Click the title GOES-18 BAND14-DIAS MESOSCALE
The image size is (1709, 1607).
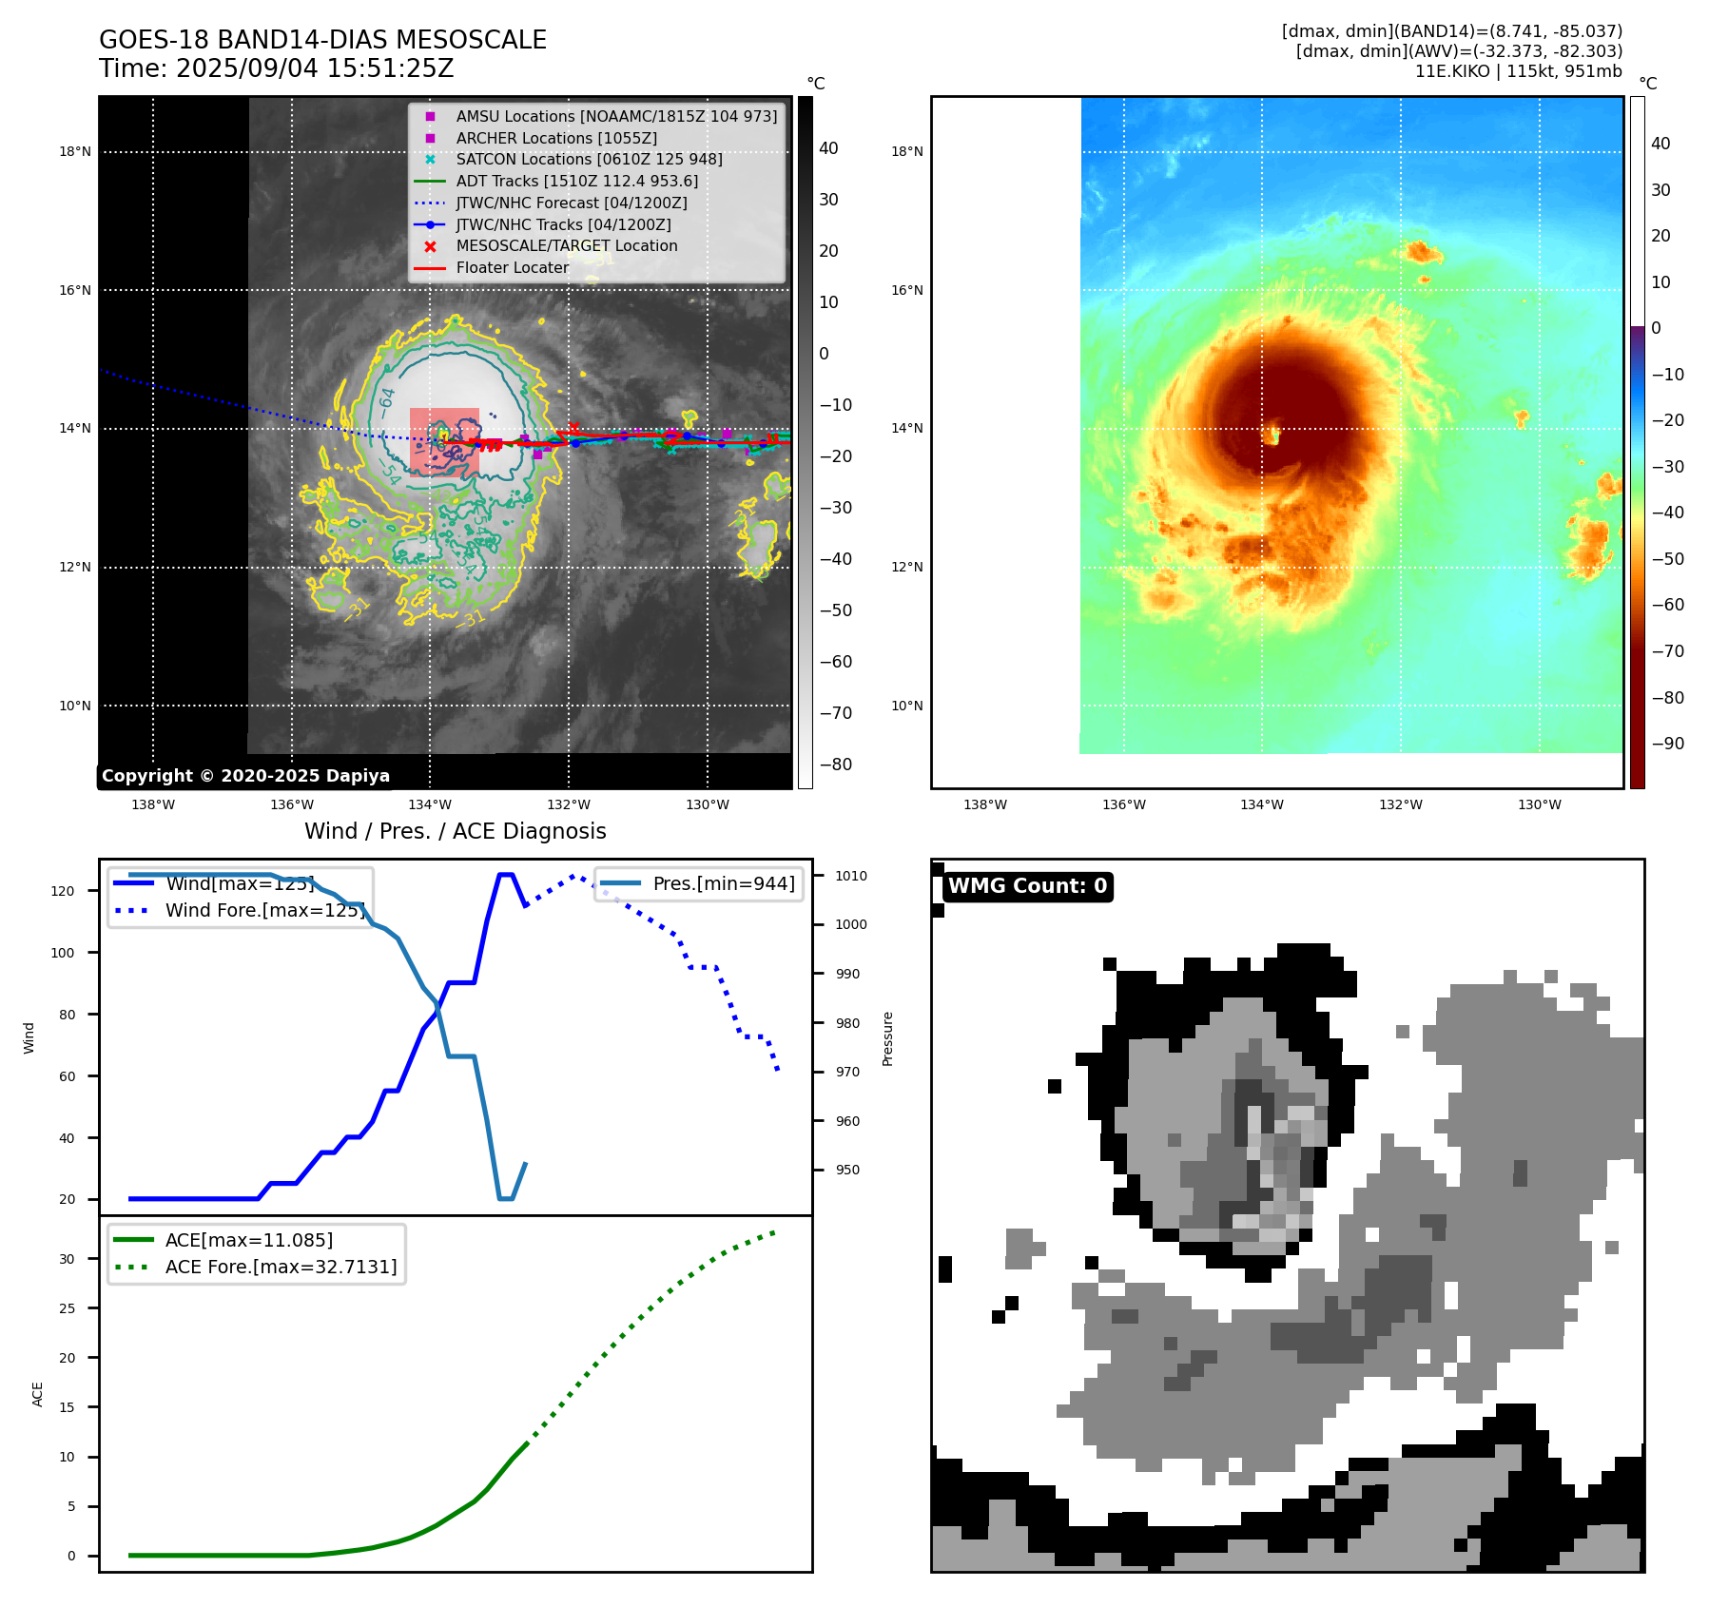[322, 40]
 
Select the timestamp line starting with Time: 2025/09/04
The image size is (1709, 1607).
[276, 68]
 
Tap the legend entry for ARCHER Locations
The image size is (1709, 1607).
[555, 138]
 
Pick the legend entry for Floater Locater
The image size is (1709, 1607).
[512, 267]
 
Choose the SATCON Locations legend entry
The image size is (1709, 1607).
[589, 159]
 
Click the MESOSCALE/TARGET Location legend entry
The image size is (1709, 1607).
[566, 245]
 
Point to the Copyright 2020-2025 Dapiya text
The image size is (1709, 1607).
[245, 776]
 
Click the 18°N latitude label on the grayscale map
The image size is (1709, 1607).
[75, 151]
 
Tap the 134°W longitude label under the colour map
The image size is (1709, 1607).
[1261, 804]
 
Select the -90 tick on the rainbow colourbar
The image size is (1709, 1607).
[1667, 744]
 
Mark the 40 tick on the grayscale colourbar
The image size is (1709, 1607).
[828, 148]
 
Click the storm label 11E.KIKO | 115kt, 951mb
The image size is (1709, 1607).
[1518, 71]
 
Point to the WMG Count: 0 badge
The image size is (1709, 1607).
[1027, 886]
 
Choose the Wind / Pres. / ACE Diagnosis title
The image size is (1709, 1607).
[455, 831]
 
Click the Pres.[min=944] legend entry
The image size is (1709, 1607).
[723, 883]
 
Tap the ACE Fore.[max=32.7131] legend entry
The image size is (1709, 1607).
[281, 1267]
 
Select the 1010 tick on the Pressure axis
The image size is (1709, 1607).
[851, 876]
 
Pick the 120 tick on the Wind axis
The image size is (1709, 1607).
[63, 891]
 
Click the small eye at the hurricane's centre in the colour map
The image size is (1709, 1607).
[1272, 436]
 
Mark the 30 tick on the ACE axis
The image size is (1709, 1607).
[67, 1259]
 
